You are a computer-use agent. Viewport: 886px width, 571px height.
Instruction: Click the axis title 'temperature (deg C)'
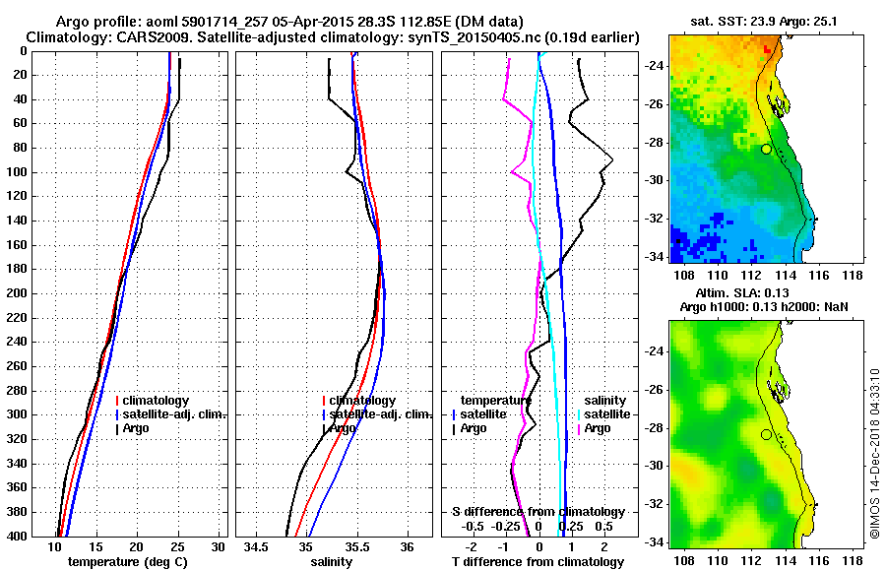pos(127,562)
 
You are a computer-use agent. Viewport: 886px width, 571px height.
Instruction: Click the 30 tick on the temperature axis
pos(218,546)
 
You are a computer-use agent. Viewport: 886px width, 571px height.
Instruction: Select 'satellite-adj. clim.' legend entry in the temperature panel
pos(173,414)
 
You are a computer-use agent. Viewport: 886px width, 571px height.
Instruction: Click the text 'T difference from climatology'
pos(538,562)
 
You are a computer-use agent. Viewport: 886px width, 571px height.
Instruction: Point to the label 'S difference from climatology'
pos(538,512)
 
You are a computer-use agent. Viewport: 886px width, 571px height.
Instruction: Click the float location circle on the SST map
pos(766,149)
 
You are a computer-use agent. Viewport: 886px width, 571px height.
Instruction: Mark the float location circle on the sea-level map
pos(766,434)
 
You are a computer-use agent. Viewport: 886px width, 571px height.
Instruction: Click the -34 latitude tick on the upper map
pos(655,256)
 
